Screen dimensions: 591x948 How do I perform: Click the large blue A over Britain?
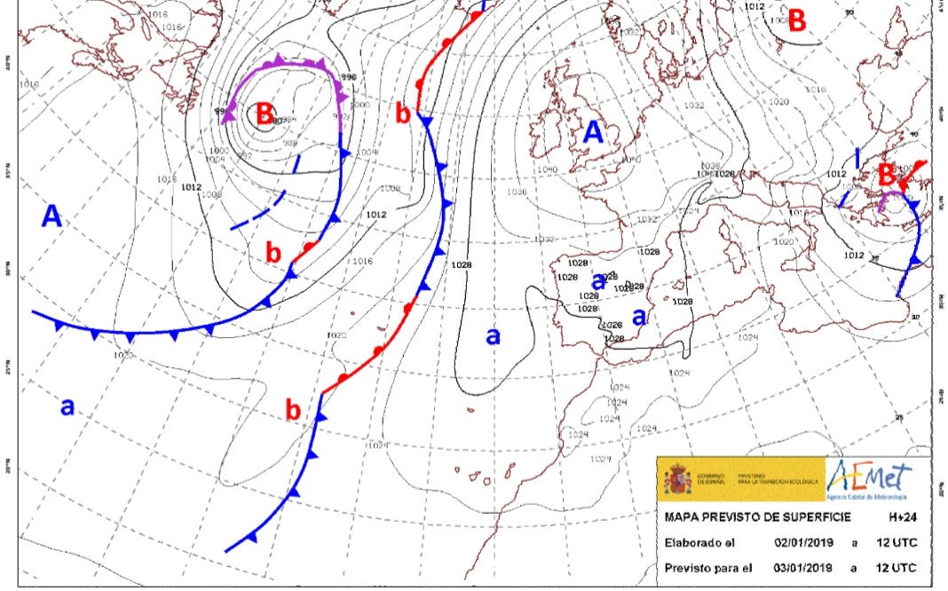[x=592, y=132]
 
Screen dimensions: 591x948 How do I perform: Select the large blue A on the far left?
[x=52, y=216]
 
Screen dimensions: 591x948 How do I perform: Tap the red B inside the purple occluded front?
[x=264, y=114]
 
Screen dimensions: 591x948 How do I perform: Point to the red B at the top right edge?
[x=797, y=20]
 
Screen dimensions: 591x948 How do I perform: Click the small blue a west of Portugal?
[x=494, y=335]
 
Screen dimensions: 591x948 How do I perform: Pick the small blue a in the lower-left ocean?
[x=67, y=406]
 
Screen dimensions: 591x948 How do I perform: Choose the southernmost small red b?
[x=293, y=411]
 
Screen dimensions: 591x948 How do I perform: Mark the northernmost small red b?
[x=403, y=114]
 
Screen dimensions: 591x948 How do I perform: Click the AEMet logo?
[x=871, y=480]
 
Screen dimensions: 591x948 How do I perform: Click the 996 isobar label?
[x=348, y=77]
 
